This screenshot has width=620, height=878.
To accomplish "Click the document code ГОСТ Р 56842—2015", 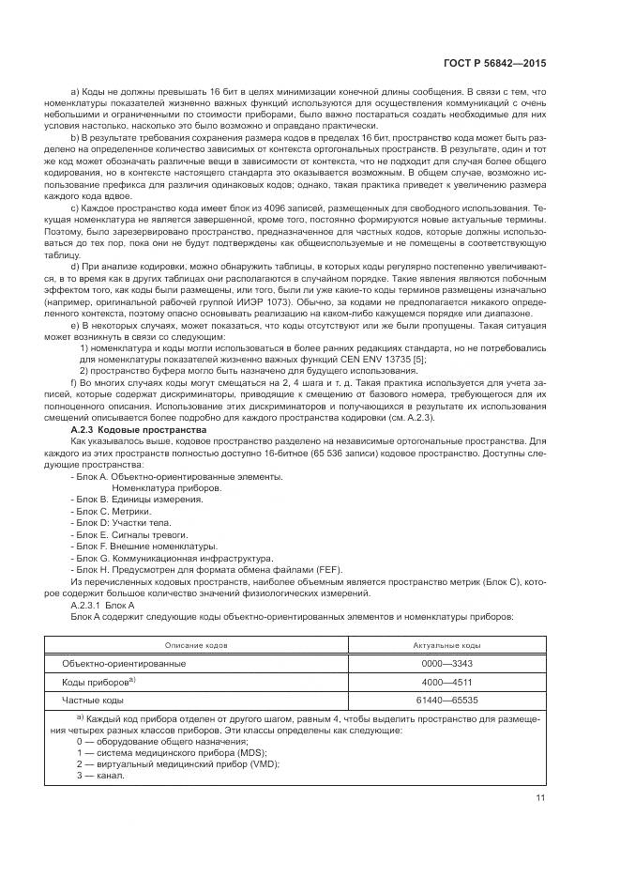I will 494,63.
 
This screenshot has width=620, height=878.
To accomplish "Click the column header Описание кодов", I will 196,646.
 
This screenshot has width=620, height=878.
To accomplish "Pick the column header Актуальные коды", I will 446,646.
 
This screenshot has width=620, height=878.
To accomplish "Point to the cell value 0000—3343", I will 446,663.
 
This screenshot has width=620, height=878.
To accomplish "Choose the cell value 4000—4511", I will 446,682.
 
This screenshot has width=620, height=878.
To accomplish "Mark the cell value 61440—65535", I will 446,700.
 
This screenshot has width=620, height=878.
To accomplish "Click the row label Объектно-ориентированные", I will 124,663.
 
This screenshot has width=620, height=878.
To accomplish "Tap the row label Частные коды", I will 92,700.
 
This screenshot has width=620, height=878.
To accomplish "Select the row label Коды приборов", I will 97,682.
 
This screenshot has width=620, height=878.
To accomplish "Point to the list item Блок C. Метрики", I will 111,511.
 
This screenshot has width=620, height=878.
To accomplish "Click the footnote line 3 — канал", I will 101,776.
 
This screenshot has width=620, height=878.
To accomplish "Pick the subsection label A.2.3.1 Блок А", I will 104,605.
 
